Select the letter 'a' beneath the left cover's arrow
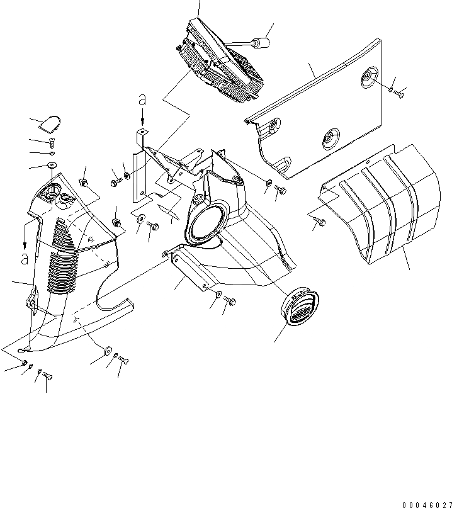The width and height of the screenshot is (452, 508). coord(25,258)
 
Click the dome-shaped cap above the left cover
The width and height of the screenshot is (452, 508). coord(48,122)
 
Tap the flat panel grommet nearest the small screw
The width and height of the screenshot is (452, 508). coord(366,78)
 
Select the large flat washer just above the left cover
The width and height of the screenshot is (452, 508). coord(51,166)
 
